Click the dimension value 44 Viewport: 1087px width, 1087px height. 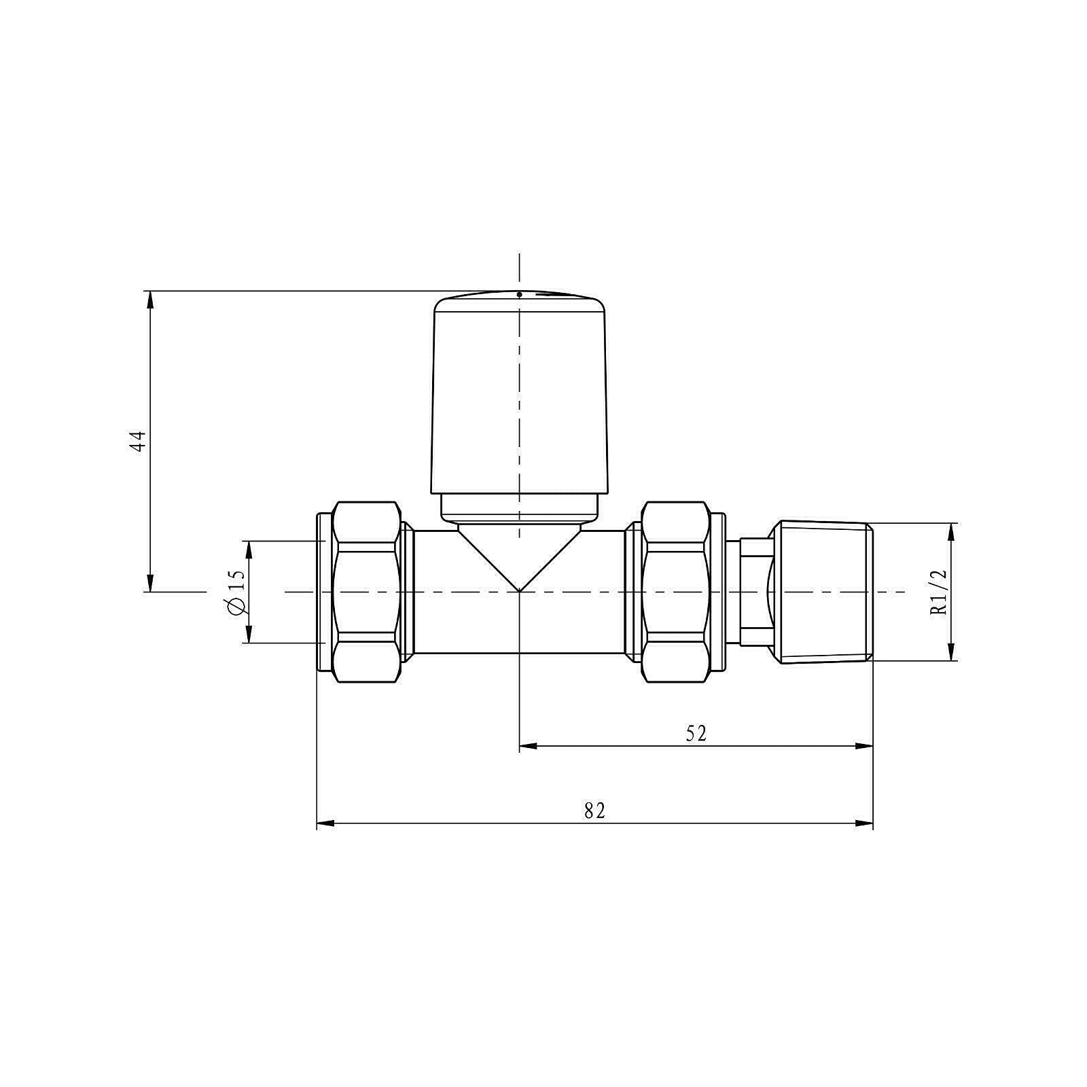coord(139,441)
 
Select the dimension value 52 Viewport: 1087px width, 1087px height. coord(696,733)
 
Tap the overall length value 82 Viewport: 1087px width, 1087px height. coord(594,810)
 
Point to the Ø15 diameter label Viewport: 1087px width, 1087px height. coord(236,591)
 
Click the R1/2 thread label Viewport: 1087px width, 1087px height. coord(938,592)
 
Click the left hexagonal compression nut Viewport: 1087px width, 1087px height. coord(366,592)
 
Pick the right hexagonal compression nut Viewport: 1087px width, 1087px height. coord(675,592)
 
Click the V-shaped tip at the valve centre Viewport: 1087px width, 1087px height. coord(519,590)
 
